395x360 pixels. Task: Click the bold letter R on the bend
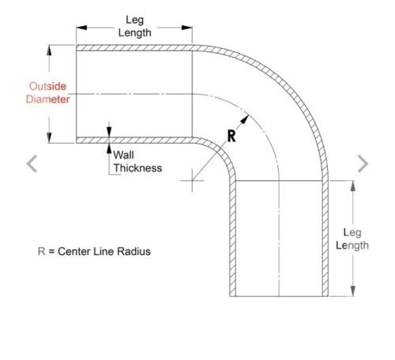coord(231,136)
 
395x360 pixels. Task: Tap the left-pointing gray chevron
coord(32,163)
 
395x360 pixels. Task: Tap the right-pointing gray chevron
coord(363,163)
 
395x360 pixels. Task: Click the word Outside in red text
coord(47,86)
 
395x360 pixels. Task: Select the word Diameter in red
coord(47,99)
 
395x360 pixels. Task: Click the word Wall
coord(123,155)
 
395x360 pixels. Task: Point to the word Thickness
coord(137,168)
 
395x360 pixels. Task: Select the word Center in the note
coord(73,251)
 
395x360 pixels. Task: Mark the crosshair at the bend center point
coord(192,181)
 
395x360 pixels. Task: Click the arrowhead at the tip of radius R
coord(245,119)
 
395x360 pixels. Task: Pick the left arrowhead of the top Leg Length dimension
coord(81,28)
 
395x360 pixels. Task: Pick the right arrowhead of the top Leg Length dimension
coord(187,28)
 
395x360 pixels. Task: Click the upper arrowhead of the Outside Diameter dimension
coord(49,51)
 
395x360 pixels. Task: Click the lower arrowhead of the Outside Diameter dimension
coord(49,137)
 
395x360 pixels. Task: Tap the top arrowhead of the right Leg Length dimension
coord(353,186)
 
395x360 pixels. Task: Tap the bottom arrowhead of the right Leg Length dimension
coord(353,291)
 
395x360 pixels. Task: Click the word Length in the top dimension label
coord(134,33)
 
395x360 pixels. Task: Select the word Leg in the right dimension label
coord(352,233)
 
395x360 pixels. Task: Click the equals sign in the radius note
coord(51,252)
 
